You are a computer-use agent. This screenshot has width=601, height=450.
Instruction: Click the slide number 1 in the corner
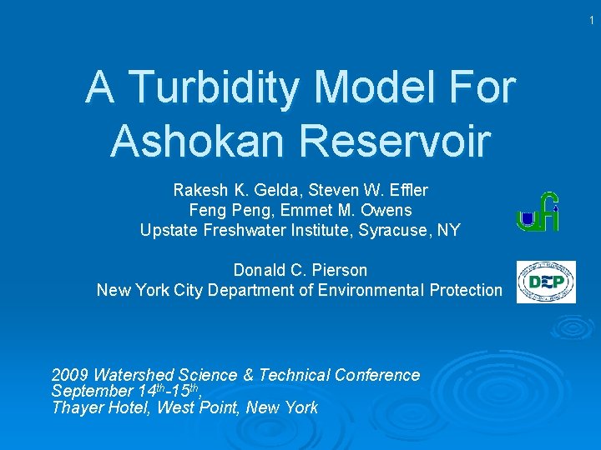[x=591, y=17]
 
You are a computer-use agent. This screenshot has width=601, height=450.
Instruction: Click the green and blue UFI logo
[x=538, y=212]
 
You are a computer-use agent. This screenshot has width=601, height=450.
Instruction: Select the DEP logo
[x=546, y=282]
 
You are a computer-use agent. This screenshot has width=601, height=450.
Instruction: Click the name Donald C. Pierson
[x=300, y=270]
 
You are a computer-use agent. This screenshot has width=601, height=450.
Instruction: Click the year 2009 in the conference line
[x=70, y=375]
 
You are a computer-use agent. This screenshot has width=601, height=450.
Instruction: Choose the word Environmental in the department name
[x=372, y=290]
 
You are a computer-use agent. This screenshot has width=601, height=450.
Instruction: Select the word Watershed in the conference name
[x=129, y=375]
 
